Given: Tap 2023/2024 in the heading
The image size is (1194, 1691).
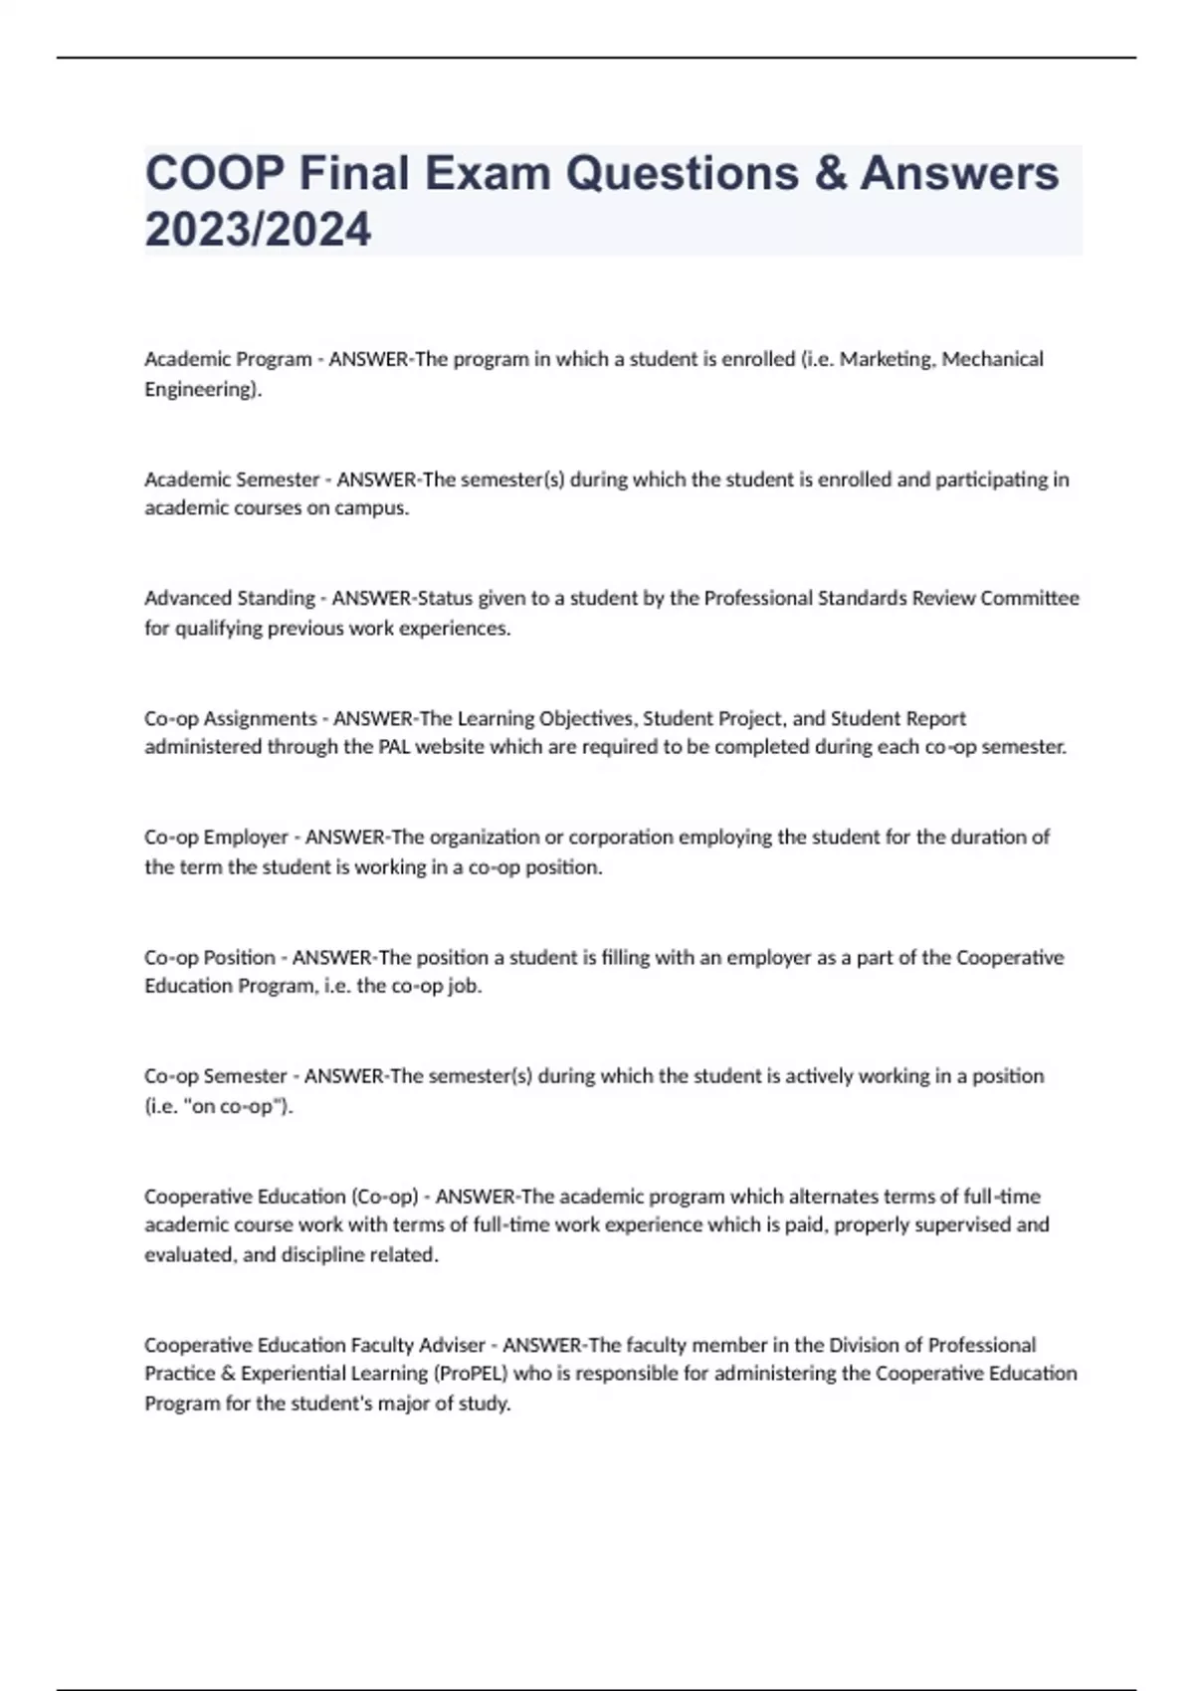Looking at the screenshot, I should (x=258, y=230).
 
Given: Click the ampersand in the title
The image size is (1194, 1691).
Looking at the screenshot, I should (x=830, y=173).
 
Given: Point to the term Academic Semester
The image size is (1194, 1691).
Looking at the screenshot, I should (x=232, y=479).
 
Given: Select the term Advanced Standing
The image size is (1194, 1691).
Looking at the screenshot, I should (x=230, y=598).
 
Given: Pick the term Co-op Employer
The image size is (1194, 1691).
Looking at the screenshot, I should (x=216, y=838).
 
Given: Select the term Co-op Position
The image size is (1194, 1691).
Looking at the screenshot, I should (x=210, y=957).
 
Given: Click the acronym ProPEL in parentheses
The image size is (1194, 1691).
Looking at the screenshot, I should (x=470, y=1374).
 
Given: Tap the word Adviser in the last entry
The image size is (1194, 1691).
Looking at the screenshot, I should (x=452, y=1345).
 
